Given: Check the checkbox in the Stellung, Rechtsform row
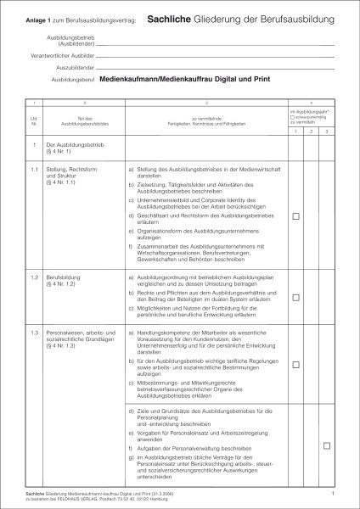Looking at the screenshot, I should pyautogui.click(x=296, y=217).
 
